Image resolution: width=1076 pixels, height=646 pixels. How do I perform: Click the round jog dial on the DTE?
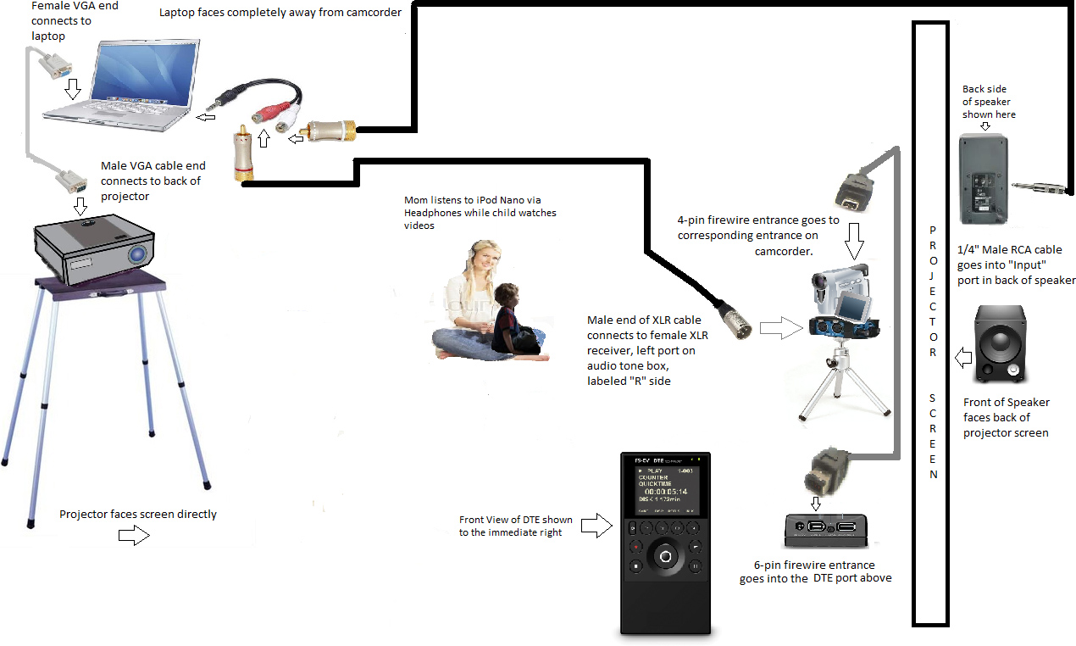pos(665,556)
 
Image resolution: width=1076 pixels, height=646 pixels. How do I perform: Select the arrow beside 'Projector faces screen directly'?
pos(133,535)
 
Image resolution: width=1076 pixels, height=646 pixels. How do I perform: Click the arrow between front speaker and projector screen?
pos(962,357)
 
